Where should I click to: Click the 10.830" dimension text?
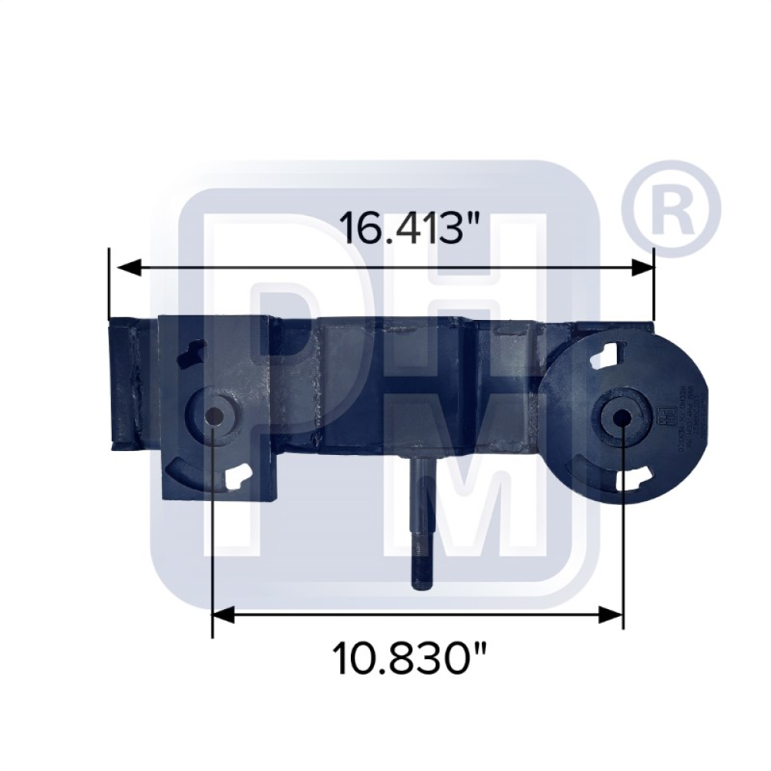click(x=411, y=658)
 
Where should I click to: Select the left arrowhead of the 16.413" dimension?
click(x=127, y=268)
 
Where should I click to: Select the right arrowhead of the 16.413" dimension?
click(x=641, y=268)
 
